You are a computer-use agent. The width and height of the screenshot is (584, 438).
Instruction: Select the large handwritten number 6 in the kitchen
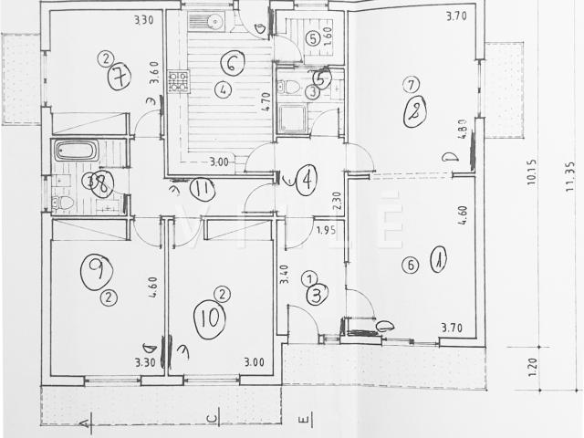(232, 63)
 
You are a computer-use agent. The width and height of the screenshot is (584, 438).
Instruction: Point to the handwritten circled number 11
(203, 189)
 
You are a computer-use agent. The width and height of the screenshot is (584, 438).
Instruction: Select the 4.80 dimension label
(463, 130)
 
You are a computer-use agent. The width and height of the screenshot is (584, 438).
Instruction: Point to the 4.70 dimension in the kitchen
(265, 102)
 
